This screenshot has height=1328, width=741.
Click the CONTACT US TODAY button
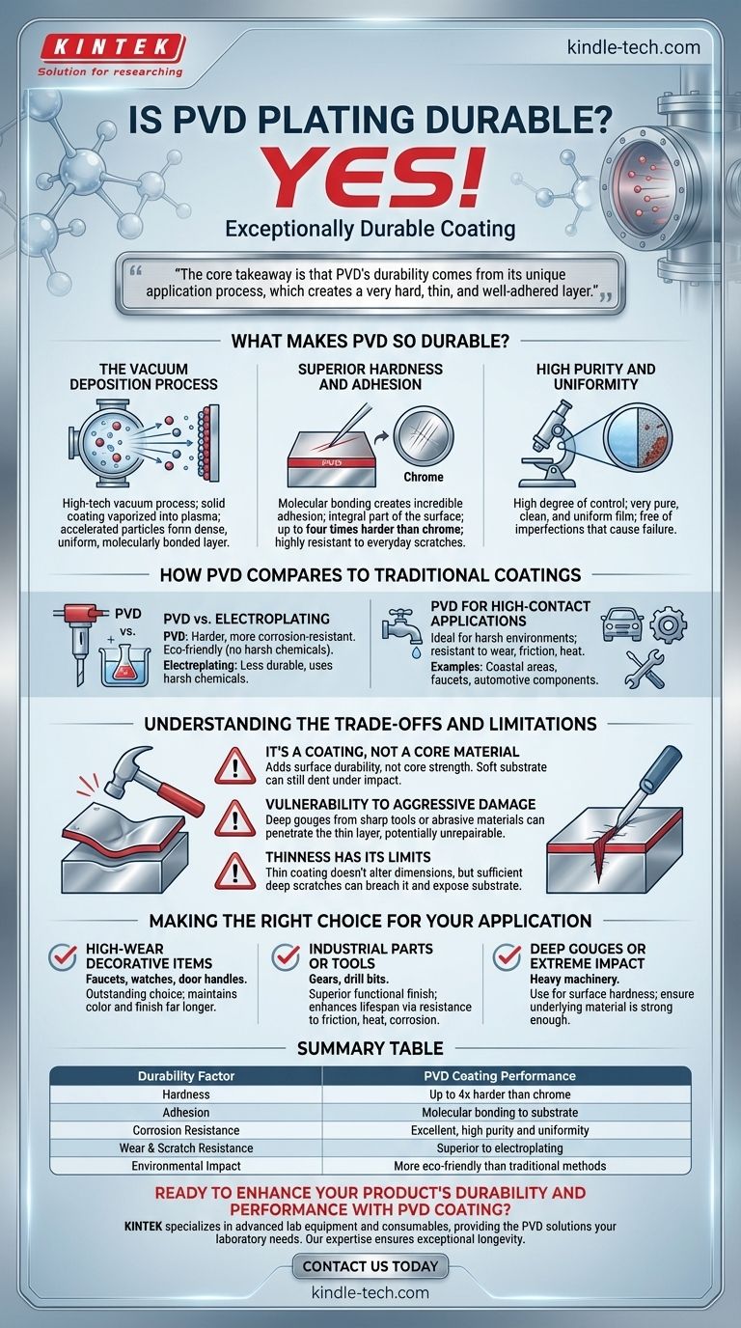370,1266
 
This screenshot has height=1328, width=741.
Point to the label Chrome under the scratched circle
424,477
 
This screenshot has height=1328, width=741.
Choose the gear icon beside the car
669,624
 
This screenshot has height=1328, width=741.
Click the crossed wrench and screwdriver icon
645,669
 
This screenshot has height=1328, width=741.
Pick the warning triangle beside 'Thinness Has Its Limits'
234,871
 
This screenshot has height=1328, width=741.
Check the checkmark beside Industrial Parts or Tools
286,956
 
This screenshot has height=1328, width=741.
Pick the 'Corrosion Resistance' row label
186,1130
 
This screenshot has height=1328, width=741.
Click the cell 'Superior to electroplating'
500,1148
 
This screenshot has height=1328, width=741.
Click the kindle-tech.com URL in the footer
370,1292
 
